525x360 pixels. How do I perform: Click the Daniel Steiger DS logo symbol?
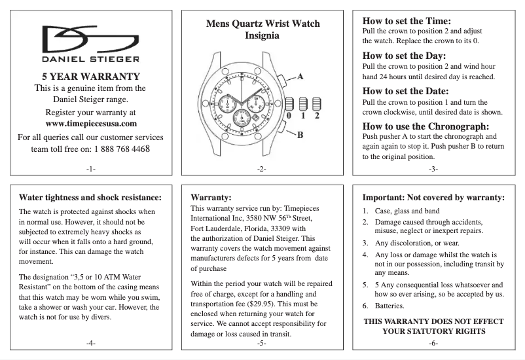(90, 40)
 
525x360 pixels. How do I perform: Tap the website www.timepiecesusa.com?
(91, 123)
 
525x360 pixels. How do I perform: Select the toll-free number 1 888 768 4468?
(123, 149)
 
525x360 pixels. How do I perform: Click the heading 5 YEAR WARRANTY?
(91, 76)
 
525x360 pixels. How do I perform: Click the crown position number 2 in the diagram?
(317, 116)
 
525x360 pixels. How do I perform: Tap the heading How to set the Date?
(405, 91)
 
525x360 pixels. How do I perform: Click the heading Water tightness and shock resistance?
(90, 197)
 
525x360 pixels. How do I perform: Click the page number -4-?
(91, 344)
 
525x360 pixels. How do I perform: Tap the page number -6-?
(433, 344)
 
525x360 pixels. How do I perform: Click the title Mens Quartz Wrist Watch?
(262, 24)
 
